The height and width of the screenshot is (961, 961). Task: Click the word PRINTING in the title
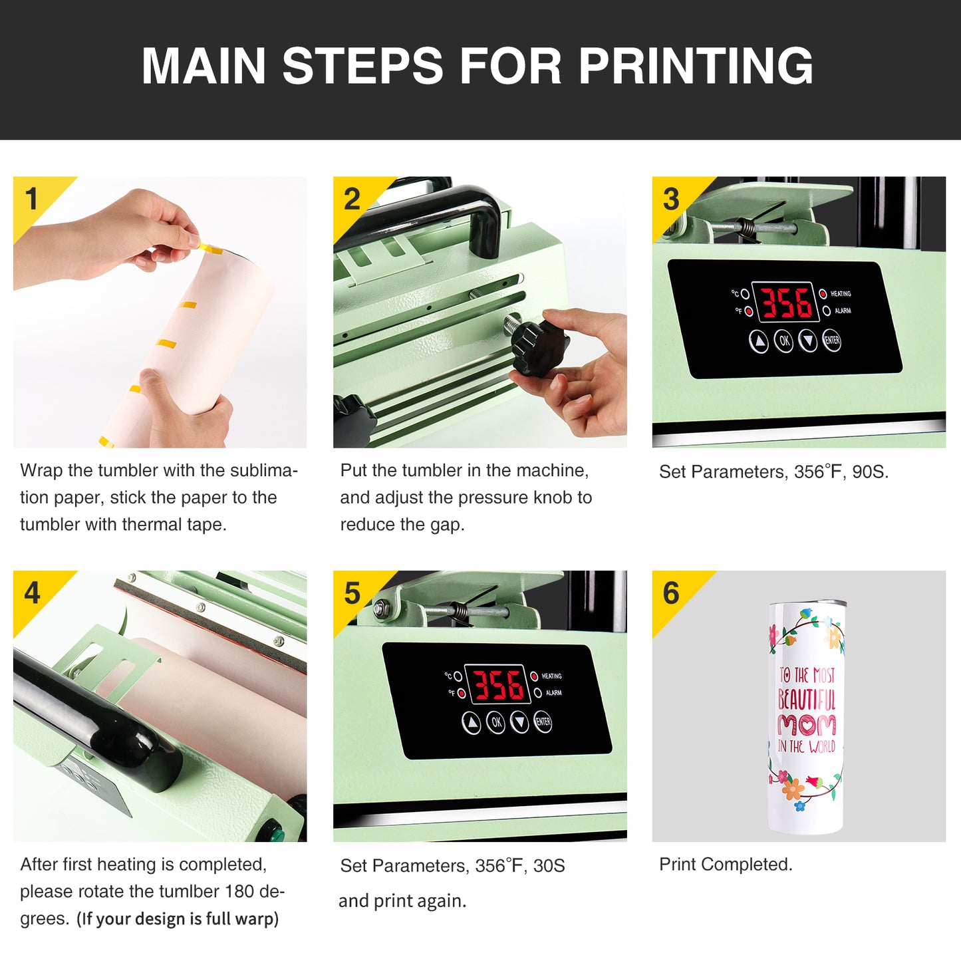pyautogui.click(x=696, y=66)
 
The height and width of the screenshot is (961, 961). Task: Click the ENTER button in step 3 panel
pyautogui.click(x=831, y=341)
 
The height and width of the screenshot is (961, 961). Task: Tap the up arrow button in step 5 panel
pyautogui.click(x=472, y=723)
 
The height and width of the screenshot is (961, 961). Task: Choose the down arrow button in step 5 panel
pyautogui.click(x=520, y=723)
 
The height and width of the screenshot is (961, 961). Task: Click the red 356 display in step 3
pyautogui.click(x=785, y=302)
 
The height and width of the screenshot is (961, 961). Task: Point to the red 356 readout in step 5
pyautogui.click(x=497, y=685)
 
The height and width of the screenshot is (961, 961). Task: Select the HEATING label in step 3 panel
pyautogui.click(x=841, y=294)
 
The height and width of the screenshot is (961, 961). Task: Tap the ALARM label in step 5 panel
pyautogui.click(x=553, y=693)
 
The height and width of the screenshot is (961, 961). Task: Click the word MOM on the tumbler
pyautogui.click(x=807, y=726)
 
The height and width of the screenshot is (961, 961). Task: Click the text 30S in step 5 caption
pyautogui.click(x=549, y=867)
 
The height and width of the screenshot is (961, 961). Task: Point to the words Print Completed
pyautogui.click(x=726, y=865)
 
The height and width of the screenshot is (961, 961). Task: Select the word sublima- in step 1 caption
pyautogui.click(x=264, y=470)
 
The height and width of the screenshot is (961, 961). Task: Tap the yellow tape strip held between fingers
pyautogui.click(x=210, y=248)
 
